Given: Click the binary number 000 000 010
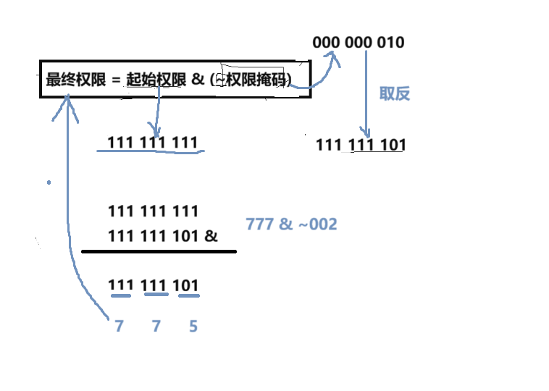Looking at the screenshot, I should click(x=359, y=42).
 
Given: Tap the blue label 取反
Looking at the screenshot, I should click(x=395, y=93).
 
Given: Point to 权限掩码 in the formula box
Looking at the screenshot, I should click(x=257, y=80).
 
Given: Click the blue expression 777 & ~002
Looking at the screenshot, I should click(x=291, y=224).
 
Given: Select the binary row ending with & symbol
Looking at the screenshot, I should click(x=162, y=236).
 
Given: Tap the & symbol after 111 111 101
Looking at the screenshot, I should click(x=211, y=236).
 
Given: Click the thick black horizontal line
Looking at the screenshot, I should click(x=159, y=251).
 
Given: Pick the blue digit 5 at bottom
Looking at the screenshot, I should click(x=193, y=327).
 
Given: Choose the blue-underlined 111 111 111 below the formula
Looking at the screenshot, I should click(x=153, y=143).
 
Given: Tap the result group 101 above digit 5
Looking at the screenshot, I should click(x=186, y=285).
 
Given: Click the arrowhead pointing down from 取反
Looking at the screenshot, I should click(x=368, y=133).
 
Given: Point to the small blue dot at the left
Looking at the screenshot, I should click(x=49, y=182).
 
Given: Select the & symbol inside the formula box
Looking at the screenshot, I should click(x=198, y=80).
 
